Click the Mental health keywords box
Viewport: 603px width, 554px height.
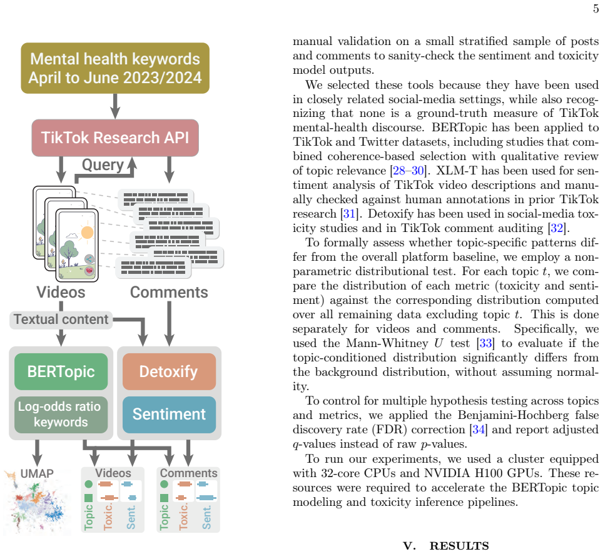115,68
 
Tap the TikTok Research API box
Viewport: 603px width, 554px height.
115,138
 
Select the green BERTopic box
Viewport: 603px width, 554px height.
61,371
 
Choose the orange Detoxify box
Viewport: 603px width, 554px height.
170,371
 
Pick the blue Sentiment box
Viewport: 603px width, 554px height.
170,415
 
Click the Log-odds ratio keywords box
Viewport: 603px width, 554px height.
61,415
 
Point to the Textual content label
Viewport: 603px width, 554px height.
61,320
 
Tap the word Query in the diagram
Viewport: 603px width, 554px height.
103,164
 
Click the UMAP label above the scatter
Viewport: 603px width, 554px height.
37,473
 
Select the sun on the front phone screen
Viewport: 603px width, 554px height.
88,232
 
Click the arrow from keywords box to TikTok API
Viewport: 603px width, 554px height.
115,106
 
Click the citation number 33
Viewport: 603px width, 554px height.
485,343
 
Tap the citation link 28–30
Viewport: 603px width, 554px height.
408,170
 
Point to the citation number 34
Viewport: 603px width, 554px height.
479,429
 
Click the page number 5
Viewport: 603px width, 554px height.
595,9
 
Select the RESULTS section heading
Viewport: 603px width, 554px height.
459,546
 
